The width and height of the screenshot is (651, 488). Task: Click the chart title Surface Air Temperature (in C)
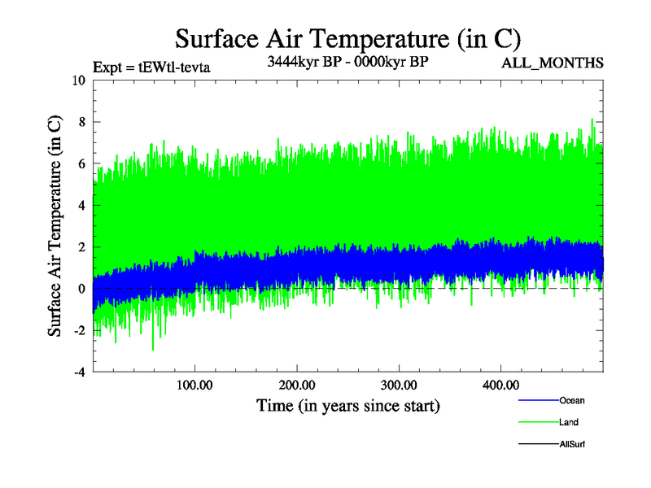click(x=347, y=37)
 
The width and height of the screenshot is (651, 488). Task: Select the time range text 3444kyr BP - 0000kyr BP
click(x=347, y=62)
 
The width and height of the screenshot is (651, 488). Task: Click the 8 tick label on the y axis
click(x=81, y=122)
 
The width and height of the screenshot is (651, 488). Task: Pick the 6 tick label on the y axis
click(x=81, y=163)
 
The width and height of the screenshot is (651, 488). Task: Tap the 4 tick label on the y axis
click(x=81, y=205)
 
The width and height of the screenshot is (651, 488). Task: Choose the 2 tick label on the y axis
click(x=81, y=247)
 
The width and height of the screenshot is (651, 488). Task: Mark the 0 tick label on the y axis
click(x=81, y=289)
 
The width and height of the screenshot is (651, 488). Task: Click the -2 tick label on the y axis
click(x=79, y=331)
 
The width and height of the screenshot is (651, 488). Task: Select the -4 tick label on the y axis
click(x=79, y=373)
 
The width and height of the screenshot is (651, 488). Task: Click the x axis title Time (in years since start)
click(x=347, y=405)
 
